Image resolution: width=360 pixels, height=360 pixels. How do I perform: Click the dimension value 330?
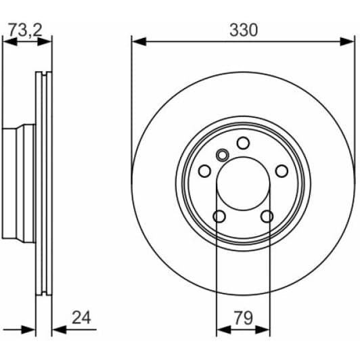click(244, 30)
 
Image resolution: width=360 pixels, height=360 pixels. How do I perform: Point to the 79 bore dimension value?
click(243, 317)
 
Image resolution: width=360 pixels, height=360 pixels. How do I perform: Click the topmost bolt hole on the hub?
click(243, 143)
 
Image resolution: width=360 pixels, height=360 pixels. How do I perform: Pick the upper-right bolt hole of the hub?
click(282, 171)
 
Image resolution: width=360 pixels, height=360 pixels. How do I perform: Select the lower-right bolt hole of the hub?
click(267, 216)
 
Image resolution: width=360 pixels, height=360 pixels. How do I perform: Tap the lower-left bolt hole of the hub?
click(219, 216)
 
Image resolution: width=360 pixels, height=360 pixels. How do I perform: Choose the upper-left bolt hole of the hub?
click(204, 171)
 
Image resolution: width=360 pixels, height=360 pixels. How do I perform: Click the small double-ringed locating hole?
click(221, 155)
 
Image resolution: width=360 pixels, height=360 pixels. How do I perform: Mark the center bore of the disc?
click(243, 184)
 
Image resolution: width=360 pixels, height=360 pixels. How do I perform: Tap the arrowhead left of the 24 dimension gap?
click(30, 330)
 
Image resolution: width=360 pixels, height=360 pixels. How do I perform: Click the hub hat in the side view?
click(17, 183)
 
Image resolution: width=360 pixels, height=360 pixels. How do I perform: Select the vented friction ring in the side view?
click(44, 183)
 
